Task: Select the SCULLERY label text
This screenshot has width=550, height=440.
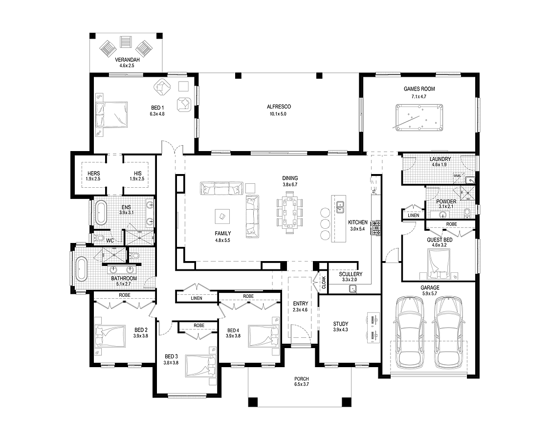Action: click(x=351, y=274)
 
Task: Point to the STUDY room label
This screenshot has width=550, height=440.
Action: click(x=340, y=324)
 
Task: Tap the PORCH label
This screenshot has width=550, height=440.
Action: click(x=302, y=379)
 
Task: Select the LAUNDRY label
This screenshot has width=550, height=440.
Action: click(x=440, y=159)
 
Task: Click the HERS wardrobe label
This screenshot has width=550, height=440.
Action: click(x=94, y=174)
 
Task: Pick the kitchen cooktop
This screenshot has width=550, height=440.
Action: click(x=377, y=228)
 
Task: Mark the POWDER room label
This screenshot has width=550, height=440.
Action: click(x=447, y=201)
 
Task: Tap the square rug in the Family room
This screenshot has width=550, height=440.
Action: click(x=222, y=215)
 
